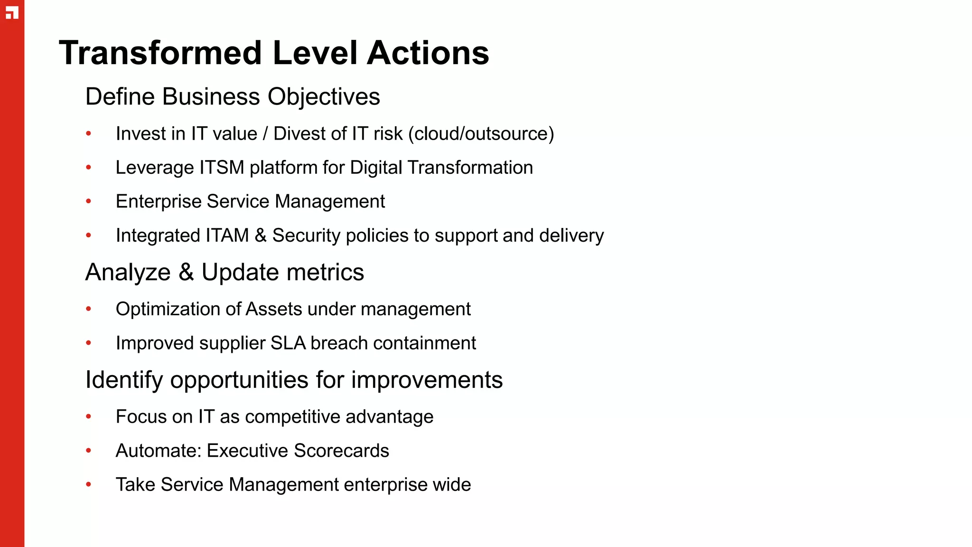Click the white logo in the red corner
click(12, 13)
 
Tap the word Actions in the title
click(428, 53)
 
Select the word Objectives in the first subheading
click(324, 97)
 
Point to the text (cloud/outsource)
click(484, 134)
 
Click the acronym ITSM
click(222, 168)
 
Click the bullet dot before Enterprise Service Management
click(88, 201)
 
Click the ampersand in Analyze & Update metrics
click(186, 273)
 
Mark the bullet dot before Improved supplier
click(88, 343)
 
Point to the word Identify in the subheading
click(124, 380)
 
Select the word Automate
click(158, 451)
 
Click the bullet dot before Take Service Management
click(88, 485)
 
